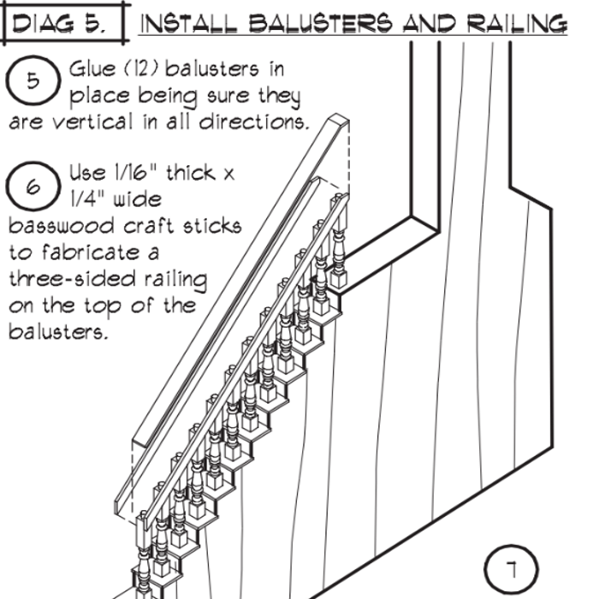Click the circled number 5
[x=32, y=81]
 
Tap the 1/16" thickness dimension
[x=135, y=174]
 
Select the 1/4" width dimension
[x=89, y=200]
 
